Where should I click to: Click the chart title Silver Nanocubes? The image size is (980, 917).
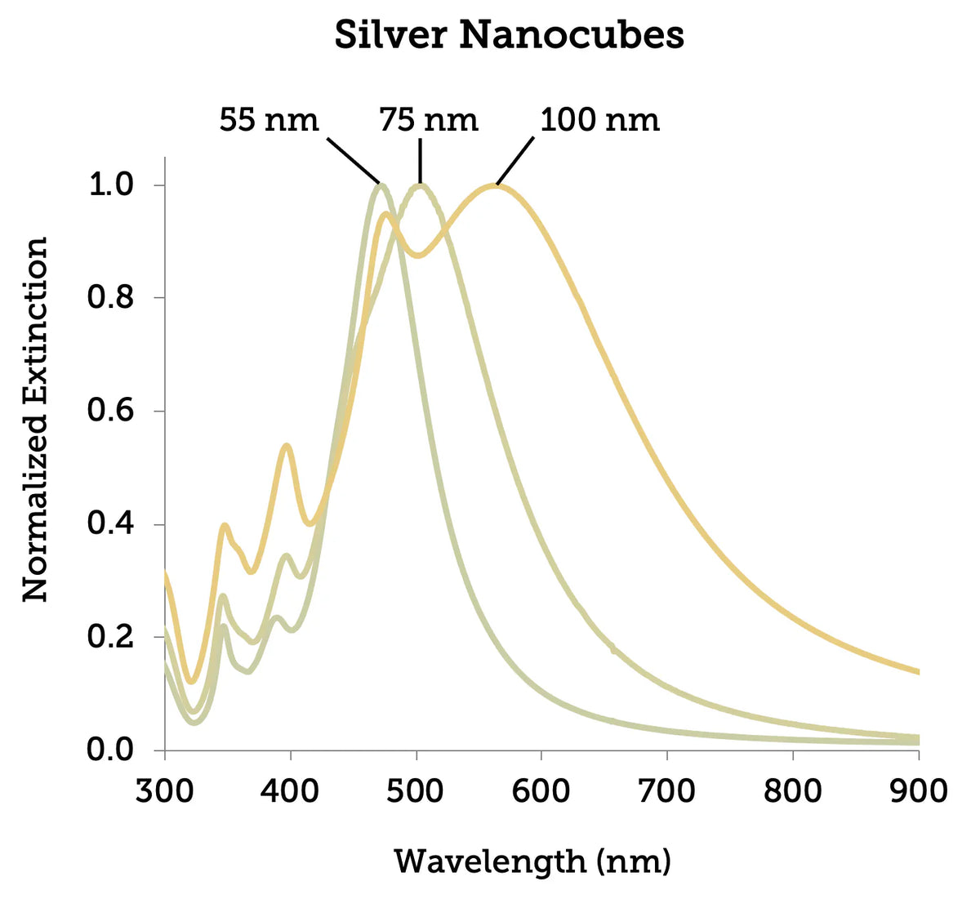[x=509, y=36]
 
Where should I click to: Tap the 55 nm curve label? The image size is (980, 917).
[x=268, y=120]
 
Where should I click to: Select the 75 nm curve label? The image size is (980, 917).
[x=428, y=120]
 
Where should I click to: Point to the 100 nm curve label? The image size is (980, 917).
[x=599, y=120]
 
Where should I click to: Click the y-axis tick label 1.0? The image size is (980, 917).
[x=110, y=185]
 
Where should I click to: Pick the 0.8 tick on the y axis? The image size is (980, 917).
[x=110, y=297]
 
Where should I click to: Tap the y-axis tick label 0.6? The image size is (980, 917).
[x=110, y=411]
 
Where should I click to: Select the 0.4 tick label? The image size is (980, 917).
[x=110, y=523]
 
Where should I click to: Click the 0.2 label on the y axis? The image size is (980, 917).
[x=110, y=637]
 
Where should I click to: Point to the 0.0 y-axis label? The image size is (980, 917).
[x=110, y=750]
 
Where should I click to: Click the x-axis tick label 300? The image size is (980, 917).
[x=165, y=790]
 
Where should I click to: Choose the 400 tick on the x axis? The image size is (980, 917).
[x=291, y=790]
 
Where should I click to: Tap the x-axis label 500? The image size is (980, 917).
[x=416, y=790]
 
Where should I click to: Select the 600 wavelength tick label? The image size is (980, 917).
[x=541, y=790]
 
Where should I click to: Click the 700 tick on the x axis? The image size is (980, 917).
[x=667, y=790]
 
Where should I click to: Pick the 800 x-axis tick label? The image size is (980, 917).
[x=793, y=790]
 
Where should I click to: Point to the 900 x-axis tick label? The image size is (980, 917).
[x=918, y=790]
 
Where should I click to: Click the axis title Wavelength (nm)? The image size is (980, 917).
[x=532, y=862]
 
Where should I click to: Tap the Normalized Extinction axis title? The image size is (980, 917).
[x=35, y=420]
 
